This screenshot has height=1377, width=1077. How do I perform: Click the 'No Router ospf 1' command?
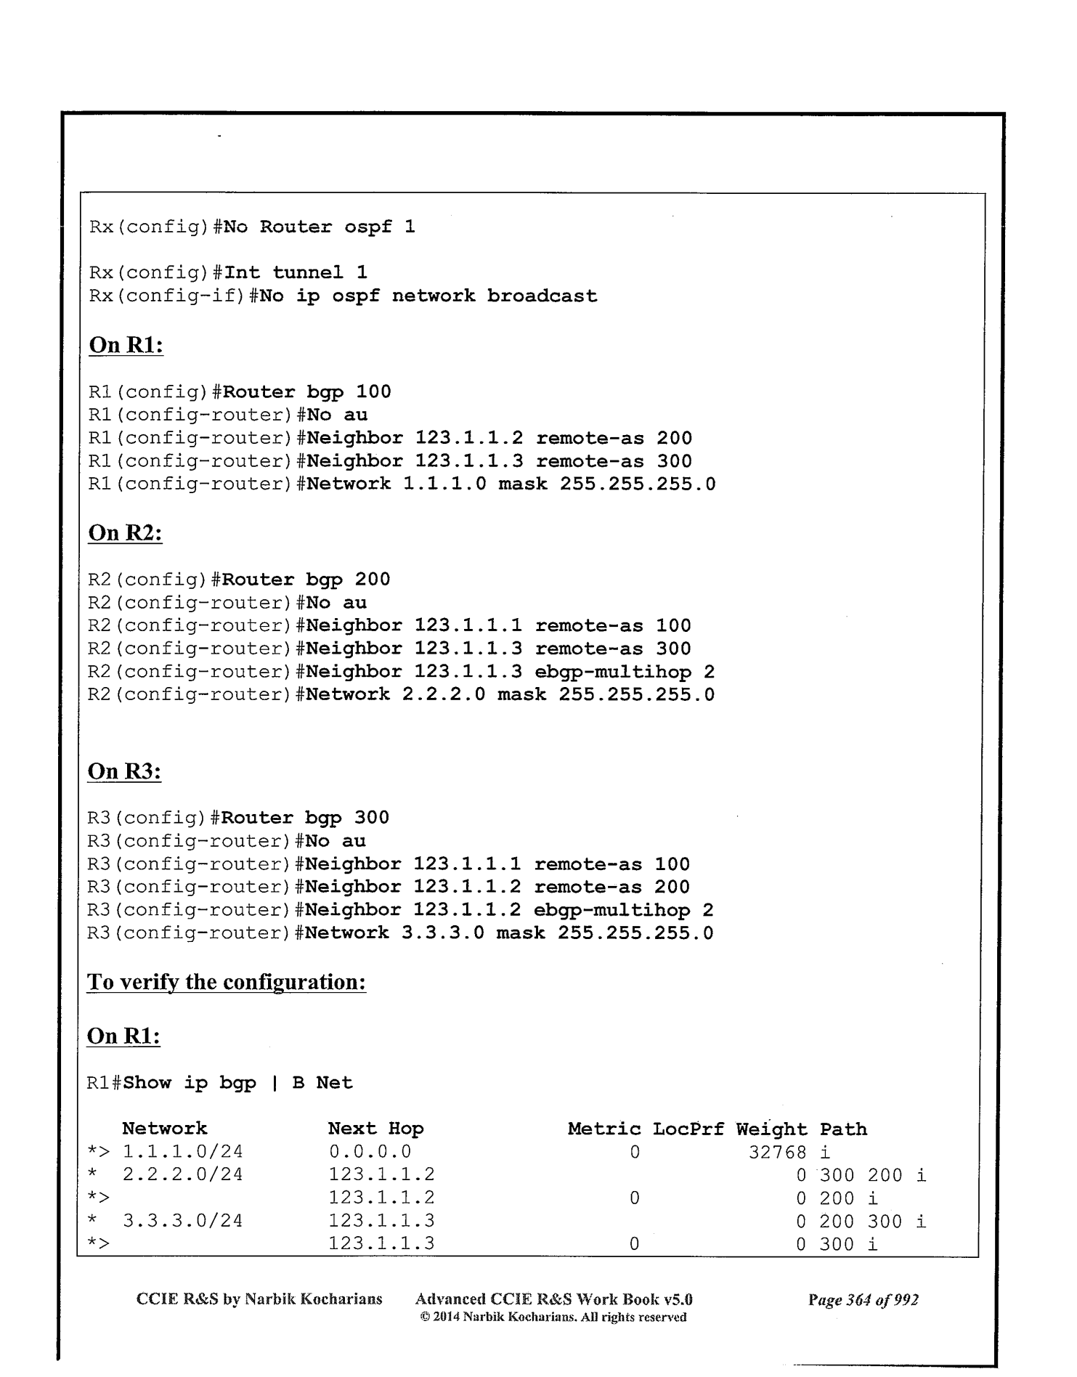[x=319, y=227]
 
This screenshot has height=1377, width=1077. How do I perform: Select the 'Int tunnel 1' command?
[x=296, y=272]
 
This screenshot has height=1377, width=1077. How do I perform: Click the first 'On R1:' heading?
[x=126, y=345]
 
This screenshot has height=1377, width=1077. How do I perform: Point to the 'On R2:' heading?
[x=125, y=532]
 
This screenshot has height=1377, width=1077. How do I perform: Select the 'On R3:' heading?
[x=124, y=771]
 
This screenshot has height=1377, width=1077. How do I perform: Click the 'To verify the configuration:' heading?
[x=226, y=982]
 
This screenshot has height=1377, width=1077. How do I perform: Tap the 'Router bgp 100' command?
[x=307, y=392]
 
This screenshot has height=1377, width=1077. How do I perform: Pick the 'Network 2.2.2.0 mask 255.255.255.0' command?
[x=510, y=694]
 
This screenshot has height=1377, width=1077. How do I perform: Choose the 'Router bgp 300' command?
[x=305, y=818]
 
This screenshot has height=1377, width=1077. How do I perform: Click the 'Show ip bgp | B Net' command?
[x=238, y=1083]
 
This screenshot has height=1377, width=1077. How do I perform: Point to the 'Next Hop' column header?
[x=375, y=1129]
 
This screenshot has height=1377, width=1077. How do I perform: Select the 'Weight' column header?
[x=771, y=1129]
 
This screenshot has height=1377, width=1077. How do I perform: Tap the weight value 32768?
[x=777, y=1152]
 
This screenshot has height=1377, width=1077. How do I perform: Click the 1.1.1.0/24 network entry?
[x=182, y=1152]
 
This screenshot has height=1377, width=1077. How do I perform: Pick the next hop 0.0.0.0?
[x=370, y=1152]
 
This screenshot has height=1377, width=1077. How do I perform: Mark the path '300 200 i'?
[x=873, y=1175]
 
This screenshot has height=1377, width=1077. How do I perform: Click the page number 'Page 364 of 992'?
[x=863, y=1299]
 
